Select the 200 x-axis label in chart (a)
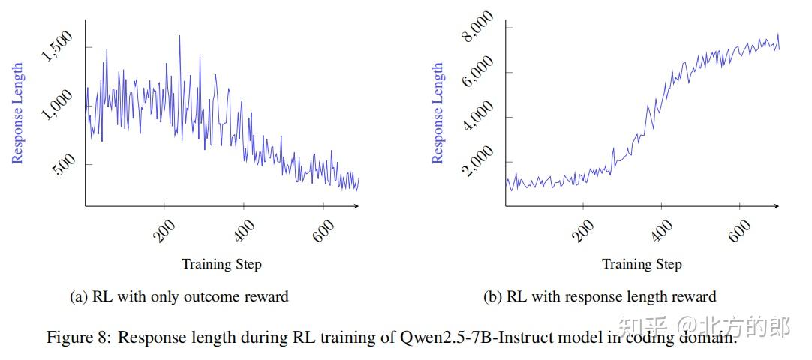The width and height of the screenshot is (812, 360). pyautogui.click(x=164, y=231)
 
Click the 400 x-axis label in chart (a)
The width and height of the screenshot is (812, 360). pyautogui.click(x=243, y=231)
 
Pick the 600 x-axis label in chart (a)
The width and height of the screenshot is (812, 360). pyautogui.click(x=323, y=231)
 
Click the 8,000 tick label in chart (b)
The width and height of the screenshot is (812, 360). pyautogui.click(x=478, y=27)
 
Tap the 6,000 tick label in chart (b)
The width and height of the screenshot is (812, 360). pyautogui.click(x=478, y=72)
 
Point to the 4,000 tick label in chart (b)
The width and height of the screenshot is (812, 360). pyautogui.click(x=478, y=117)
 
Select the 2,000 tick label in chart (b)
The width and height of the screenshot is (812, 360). pyautogui.click(x=478, y=161)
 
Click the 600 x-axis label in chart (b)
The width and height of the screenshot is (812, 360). pyautogui.click(x=740, y=231)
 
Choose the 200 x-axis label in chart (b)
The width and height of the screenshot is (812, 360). pyautogui.click(x=583, y=231)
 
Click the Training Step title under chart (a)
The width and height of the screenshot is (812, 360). pyautogui.click(x=221, y=264)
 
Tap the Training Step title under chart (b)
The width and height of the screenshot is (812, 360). pyautogui.click(x=642, y=264)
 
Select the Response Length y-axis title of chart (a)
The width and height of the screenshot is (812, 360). pyautogui.click(x=18, y=112)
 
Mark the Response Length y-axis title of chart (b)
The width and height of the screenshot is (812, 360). pyautogui.click(x=438, y=112)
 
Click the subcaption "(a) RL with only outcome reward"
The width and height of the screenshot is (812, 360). pyautogui.click(x=179, y=297)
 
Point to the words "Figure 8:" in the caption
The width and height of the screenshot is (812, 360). pyautogui.click(x=79, y=337)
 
